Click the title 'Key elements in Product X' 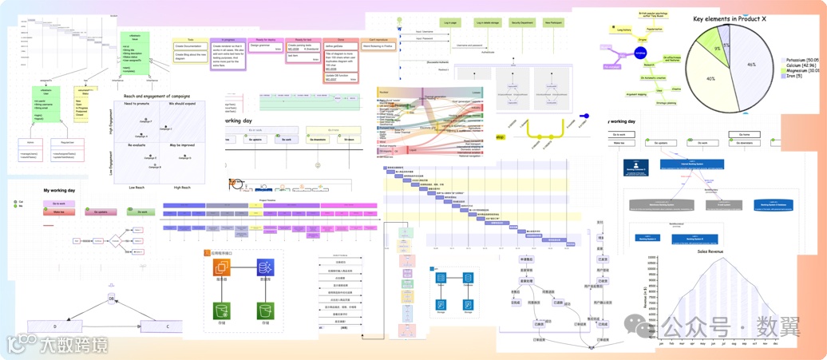(x=741, y=18)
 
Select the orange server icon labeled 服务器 (x=221, y=269)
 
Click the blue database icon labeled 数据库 (x=265, y=269)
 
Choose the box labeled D (x=55, y=326)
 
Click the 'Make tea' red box (x=58, y=212)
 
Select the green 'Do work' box (x=141, y=212)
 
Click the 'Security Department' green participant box (x=522, y=23)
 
